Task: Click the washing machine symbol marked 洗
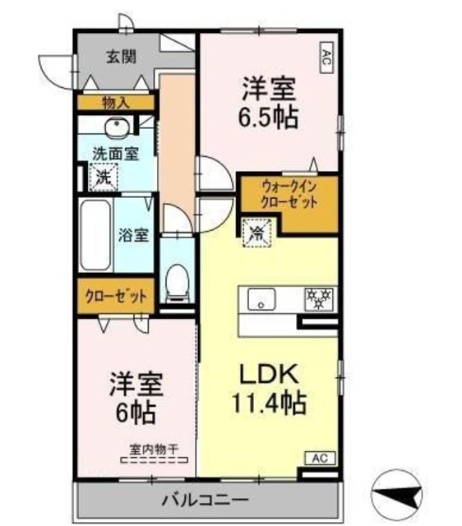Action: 104,175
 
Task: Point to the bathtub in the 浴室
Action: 95,234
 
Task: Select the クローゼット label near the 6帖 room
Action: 116,296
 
